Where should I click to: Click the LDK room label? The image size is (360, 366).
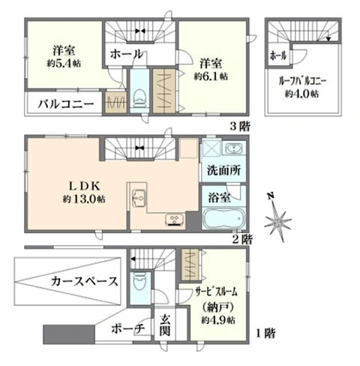pos(84,186)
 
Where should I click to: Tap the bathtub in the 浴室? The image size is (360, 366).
pos(223,218)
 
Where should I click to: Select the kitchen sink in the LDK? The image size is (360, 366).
pos(139,198)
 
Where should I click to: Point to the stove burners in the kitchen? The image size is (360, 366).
pos(175,220)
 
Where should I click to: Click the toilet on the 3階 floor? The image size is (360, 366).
pos(139,99)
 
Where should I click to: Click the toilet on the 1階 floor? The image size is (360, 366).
pos(139,281)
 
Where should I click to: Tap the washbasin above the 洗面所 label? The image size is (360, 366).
pos(235,148)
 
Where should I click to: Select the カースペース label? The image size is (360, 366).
pos(84,281)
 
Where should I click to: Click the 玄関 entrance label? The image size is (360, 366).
pos(165,325)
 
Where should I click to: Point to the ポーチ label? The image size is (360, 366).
pos(127,328)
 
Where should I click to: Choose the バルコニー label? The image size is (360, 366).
pos(66,103)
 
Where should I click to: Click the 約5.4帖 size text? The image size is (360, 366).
pos(64,64)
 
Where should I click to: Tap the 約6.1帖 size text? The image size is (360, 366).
pos(211,76)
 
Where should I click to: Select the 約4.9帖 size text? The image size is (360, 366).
pos(217,320)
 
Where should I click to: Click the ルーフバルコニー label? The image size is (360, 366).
pos(302,82)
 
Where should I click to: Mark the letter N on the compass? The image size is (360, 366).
pos(270,196)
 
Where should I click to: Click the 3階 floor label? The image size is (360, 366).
pos(239,127)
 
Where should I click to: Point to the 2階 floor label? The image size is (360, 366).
pos(242,240)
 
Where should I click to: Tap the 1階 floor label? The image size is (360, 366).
pos(265,333)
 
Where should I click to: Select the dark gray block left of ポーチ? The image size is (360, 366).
pos(69,334)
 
